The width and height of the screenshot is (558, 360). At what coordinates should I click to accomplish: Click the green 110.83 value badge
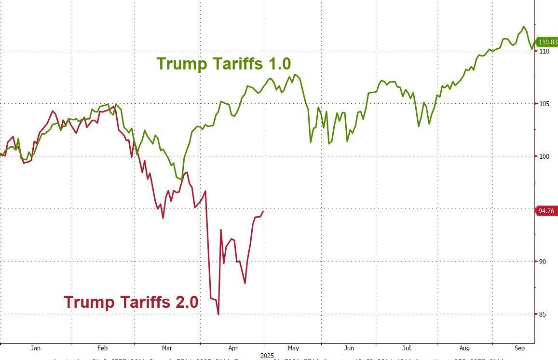click(x=547, y=42)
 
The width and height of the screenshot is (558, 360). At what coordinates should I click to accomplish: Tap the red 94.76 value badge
click(x=547, y=210)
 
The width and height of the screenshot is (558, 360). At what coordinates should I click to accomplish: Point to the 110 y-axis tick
click(x=544, y=51)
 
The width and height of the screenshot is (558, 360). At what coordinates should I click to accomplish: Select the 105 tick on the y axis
click(x=544, y=104)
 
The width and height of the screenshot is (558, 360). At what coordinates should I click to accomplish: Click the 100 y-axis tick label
click(x=544, y=156)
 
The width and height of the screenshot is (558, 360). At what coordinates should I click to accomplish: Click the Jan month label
click(x=35, y=348)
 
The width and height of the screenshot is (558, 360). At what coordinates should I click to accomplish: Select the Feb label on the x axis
click(x=102, y=348)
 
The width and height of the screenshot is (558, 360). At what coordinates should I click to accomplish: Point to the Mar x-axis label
click(x=167, y=348)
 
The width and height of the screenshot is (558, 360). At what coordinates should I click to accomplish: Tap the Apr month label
click(x=233, y=348)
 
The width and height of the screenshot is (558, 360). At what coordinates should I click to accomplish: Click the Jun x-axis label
click(x=349, y=348)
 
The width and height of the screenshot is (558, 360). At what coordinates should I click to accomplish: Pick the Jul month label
click(x=408, y=348)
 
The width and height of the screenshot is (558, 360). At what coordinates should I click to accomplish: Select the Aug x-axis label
click(x=464, y=348)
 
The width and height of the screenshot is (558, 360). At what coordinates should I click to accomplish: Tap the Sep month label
click(x=519, y=348)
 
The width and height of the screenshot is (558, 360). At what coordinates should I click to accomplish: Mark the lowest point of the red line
click(x=218, y=315)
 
